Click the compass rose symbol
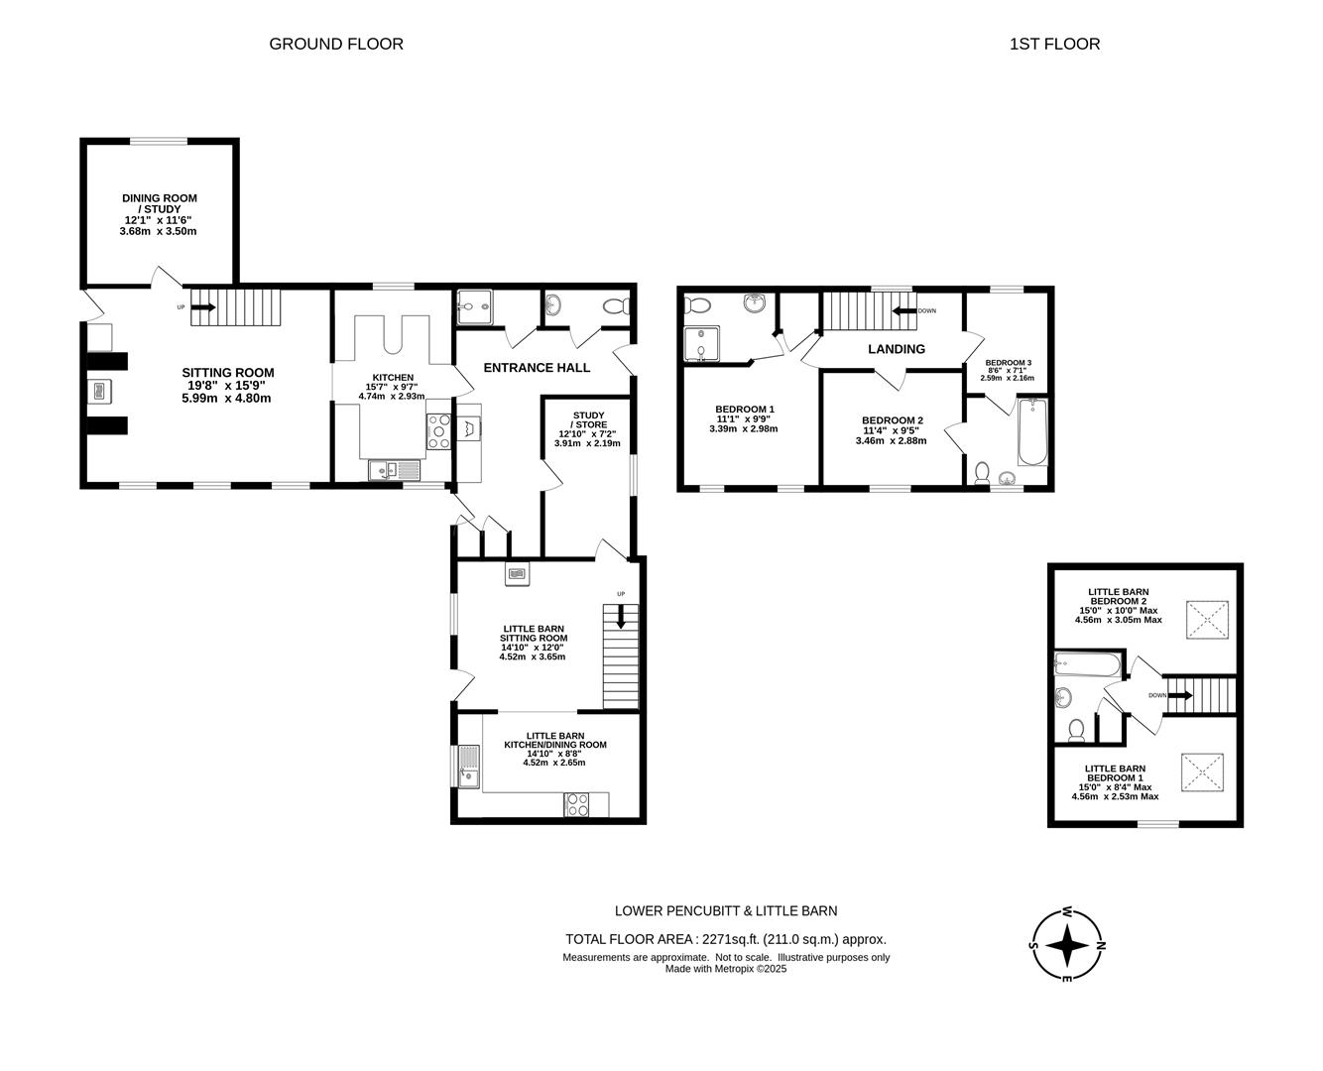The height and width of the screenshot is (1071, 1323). pos(1067,945)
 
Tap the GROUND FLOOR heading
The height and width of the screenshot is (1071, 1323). pos(336,44)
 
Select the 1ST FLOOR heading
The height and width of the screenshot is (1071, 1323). pos(1054,44)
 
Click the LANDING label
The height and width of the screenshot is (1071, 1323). pos(896,349)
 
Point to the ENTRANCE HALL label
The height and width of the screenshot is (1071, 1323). pos(537,368)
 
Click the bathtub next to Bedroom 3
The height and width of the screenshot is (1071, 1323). pos(1032,431)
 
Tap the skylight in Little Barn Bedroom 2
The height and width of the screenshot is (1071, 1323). pos(1207,619)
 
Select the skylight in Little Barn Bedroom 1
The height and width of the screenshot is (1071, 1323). pos(1202,773)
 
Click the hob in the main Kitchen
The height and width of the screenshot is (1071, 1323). pos(438,431)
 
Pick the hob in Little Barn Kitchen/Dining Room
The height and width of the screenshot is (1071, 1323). pos(576,804)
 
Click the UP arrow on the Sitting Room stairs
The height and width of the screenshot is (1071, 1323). pos(203,306)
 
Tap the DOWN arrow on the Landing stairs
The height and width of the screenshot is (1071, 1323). pos(904,310)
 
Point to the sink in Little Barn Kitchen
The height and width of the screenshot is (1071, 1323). pos(469,767)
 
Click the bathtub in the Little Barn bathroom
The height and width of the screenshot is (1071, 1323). pos(1087,663)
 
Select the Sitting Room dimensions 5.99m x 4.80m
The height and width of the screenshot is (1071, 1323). pos(226,398)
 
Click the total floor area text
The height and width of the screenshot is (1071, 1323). pos(726,939)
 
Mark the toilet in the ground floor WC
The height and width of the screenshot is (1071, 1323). pos(616,306)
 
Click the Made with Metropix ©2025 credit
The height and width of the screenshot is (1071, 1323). pos(726,969)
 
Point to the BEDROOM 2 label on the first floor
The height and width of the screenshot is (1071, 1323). pos(892,420)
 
